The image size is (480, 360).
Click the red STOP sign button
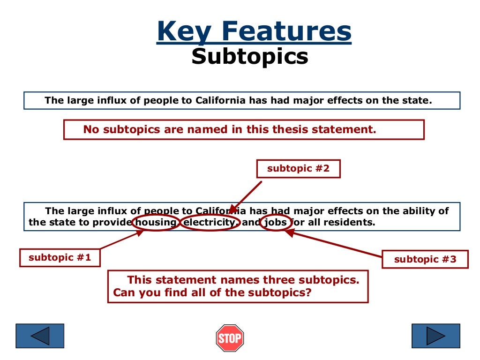(230, 338)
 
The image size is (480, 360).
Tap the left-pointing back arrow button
(39, 336)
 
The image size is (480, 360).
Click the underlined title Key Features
(254, 31)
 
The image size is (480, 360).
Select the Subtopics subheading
(250, 57)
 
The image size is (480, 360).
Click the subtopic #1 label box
(60, 257)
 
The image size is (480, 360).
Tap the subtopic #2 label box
(298, 169)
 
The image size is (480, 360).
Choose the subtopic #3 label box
(425, 259)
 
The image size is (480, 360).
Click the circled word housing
(156, 223)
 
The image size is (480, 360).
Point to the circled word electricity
(210, 223)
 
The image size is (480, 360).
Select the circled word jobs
(275, 223)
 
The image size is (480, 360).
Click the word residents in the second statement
(353, 223)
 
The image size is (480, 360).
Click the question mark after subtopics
(309, 293)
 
